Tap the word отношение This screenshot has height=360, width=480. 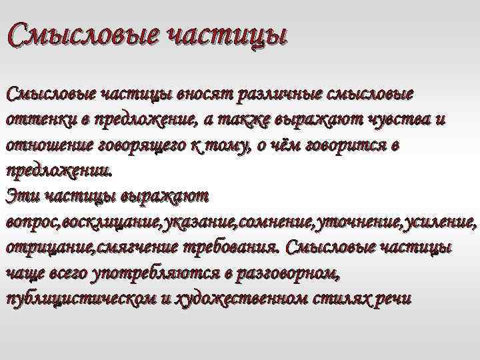[x=46, y=145]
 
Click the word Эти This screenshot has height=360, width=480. [x=19, y=195]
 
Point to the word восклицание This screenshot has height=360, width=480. [x=104, y=221]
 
